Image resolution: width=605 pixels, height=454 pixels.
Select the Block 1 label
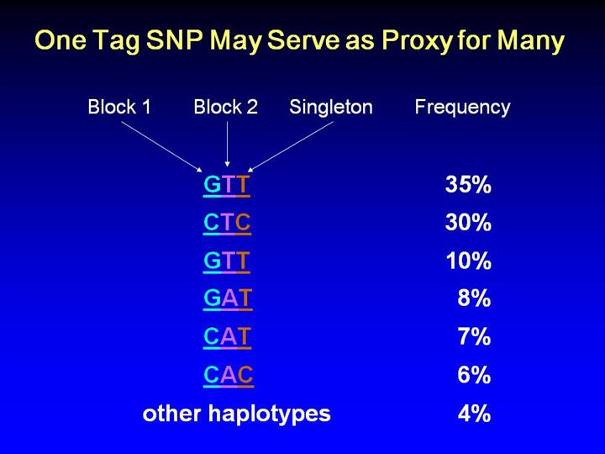click(x=119, y=107)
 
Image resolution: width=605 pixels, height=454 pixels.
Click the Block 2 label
click(x=226, y=107)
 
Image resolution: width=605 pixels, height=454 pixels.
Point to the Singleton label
click(x=331, y=108)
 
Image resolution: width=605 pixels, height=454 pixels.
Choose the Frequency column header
click(x=462, y=108)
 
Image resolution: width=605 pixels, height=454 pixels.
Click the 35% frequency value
click(x=468, y=184)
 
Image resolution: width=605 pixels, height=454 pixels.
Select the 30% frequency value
click(x=468, y=223)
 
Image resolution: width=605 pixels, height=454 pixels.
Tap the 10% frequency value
click(x=468, y=261)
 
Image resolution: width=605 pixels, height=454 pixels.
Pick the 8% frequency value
click(x=474, y=298)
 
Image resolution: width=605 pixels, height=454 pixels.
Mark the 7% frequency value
click(x=474, y=336)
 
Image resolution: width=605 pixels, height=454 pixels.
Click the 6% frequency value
click(x=474, y=374)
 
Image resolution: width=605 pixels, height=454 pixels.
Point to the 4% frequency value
click(x=474, y=413)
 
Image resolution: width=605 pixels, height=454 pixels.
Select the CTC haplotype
click(x=227, y=223)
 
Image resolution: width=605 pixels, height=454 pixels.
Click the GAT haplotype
click(x=228, y=299)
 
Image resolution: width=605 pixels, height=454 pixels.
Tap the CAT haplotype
click(x=227, y=337)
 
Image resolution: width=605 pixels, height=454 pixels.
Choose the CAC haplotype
click(x=229, y=375)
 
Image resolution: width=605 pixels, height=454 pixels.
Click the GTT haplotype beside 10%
click(x=227, y=261)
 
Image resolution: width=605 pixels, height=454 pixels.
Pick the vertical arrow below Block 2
click(x=227, y=144)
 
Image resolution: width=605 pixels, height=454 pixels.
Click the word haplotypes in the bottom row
click(x=270, y=414)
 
